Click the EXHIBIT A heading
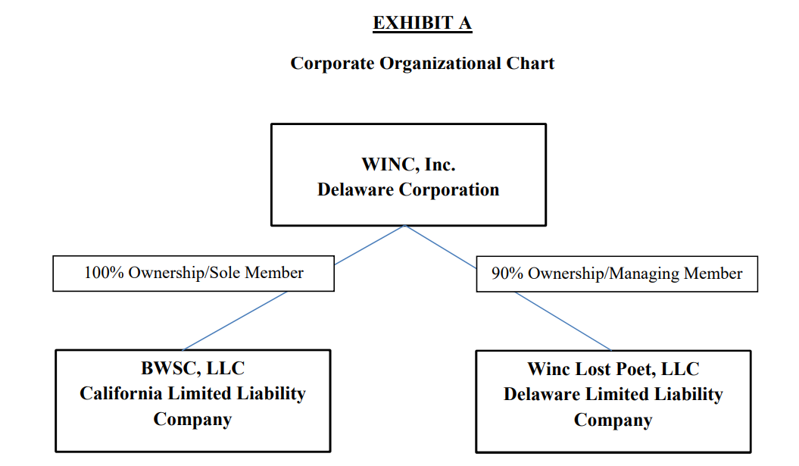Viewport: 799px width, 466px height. click(423, 23)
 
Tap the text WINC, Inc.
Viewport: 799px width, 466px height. click(409, 164)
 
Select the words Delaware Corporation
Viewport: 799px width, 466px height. click(408, 189)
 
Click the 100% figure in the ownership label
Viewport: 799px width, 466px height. click(104, 272)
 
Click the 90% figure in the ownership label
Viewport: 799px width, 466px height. click(507, 274)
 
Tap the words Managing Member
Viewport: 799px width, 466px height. click(676, 274)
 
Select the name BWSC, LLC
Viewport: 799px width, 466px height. click(192, 368)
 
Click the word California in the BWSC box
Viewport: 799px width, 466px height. click(120, 393)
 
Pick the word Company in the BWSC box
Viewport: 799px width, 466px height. click(192, 420)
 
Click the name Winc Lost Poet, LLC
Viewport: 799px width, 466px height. click(613, 369)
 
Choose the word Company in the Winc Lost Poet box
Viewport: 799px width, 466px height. click(613, 421)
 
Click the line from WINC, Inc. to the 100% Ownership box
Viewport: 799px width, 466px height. click(370, 245)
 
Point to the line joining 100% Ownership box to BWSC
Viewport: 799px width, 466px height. click(235, 321)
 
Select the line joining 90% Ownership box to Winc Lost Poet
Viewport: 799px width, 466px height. click(563, 321)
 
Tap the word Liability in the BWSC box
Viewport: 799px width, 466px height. click(272, 394)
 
